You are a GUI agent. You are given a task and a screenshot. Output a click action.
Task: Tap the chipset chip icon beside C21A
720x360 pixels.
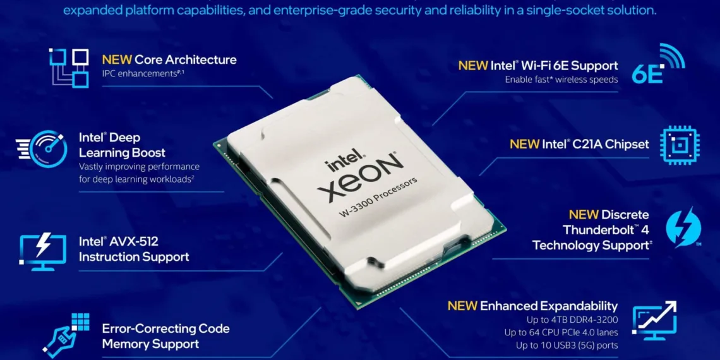679,145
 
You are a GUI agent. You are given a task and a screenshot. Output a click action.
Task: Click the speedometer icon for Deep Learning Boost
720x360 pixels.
43,149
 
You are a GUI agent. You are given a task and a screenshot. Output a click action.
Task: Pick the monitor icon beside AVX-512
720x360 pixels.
42,250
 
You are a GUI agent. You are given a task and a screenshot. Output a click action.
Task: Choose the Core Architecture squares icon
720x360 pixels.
69,67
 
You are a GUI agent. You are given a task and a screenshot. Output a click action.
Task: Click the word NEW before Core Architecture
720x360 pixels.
117,60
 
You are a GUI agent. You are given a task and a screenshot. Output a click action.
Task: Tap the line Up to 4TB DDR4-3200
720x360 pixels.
561,320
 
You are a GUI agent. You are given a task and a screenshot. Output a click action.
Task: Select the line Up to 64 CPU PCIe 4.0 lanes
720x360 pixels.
561,332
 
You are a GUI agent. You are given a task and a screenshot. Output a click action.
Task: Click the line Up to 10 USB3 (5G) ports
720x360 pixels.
567,345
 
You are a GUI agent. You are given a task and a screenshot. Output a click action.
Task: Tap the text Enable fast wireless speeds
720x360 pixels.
559,80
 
